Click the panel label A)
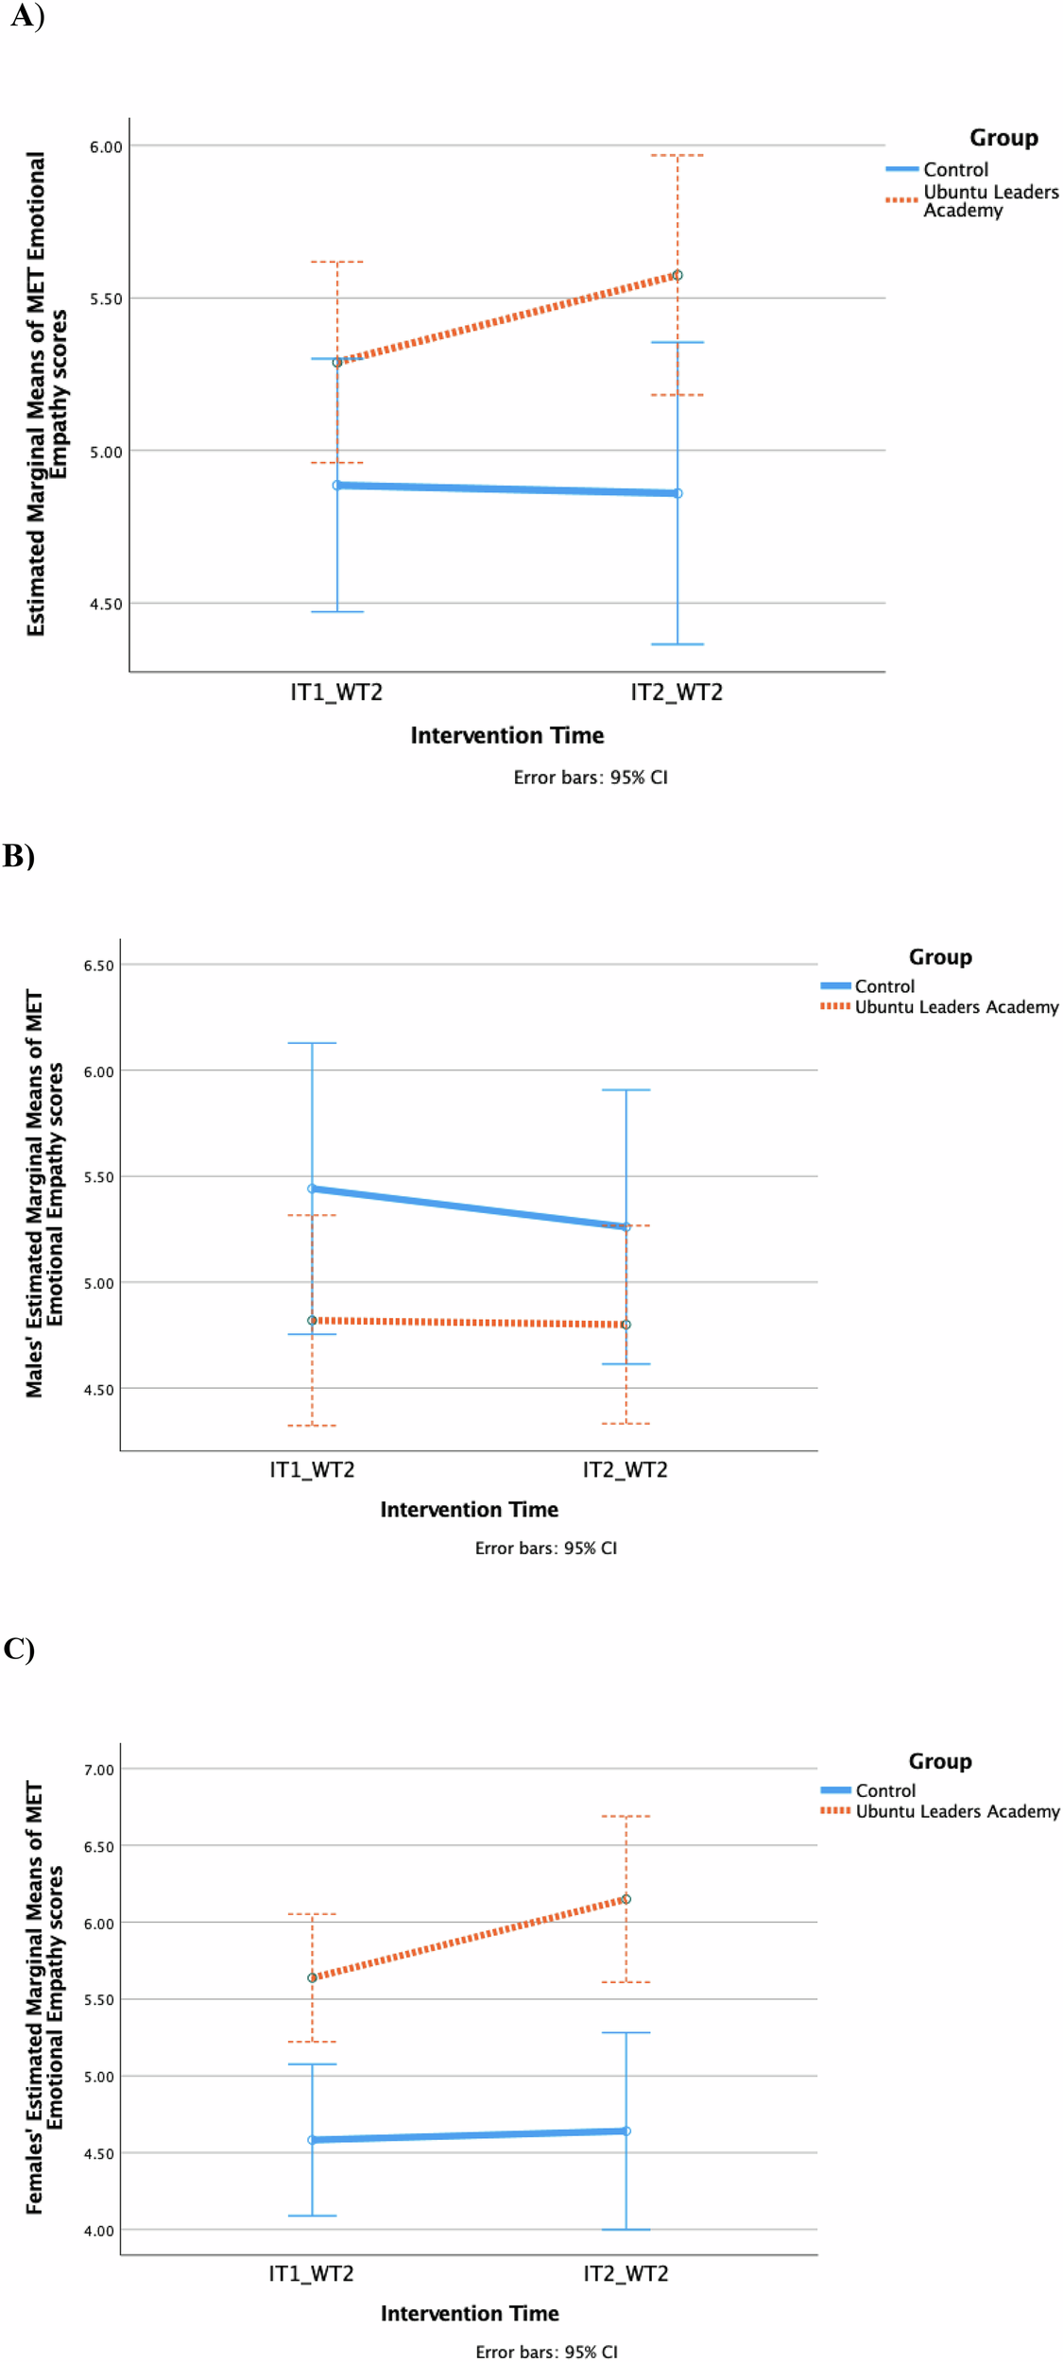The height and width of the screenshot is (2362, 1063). point(26,16)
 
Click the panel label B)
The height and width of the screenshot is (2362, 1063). point(19,855)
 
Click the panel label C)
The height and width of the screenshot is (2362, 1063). point(19,1649)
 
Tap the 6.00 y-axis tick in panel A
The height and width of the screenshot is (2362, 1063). point(106,146)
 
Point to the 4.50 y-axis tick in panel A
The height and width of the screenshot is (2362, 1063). point(106,604)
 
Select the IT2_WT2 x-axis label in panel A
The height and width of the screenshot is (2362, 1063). point(677,693)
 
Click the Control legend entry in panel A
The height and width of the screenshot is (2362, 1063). point(955,169)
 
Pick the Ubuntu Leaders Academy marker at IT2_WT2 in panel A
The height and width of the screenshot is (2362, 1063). point(677,275)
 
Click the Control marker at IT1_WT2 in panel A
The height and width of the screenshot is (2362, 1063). point(337,485)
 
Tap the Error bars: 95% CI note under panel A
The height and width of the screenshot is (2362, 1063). point(591,778)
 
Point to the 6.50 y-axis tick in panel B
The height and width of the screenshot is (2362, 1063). point(98,966)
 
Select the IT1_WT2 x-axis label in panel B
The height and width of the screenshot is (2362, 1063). point(312,1470)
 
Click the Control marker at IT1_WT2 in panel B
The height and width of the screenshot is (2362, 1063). point(312,1189)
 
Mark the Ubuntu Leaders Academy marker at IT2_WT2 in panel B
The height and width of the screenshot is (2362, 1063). point(626,1325)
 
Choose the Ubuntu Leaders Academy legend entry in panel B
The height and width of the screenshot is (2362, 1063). point(956,1007)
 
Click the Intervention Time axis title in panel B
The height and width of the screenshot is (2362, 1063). point(469,1510)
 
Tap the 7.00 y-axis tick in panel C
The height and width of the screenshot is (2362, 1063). point(98,1770)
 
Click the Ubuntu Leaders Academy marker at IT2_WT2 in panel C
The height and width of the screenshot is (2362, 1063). point(626,1899)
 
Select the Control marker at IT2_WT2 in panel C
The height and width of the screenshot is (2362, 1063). point(626,2131)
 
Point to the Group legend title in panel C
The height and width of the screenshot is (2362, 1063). point(940,1761)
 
